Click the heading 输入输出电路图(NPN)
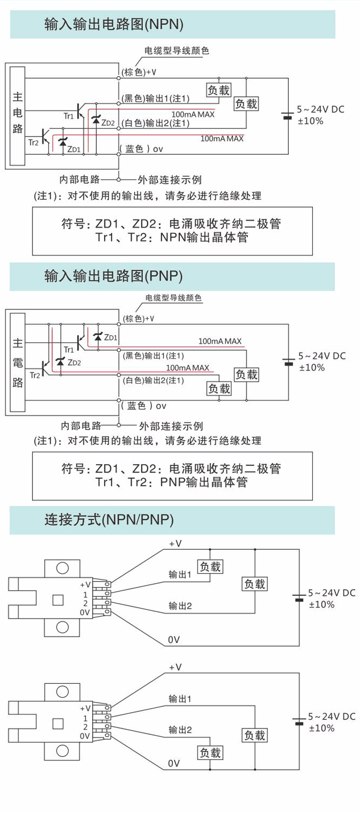114,24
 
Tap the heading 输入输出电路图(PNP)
113,276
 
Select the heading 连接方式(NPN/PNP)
109,520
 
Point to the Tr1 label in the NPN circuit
68,116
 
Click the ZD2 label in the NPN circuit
108,123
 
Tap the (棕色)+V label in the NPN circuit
139,72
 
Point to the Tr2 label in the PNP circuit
34,375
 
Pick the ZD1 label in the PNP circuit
111,337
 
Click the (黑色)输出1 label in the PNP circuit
153,356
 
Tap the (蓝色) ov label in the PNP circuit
144,406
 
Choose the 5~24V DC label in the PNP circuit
322,356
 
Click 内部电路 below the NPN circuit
80,180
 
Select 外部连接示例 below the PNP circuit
171,426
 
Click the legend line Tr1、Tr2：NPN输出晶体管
172,238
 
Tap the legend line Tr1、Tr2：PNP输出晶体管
172,482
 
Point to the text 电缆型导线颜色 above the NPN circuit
176,51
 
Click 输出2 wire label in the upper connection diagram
180,606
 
